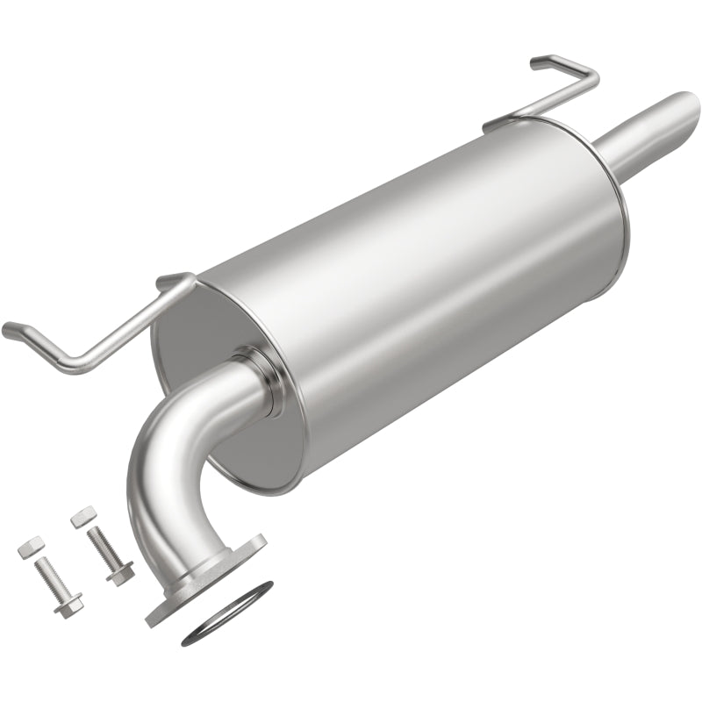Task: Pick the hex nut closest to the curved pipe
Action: click(x=82, y=516)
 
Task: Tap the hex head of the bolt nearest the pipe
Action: click(x=120, y=572)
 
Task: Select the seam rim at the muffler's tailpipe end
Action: click(x=614, y=237)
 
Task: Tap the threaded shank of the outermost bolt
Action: click(x=49, y=576)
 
